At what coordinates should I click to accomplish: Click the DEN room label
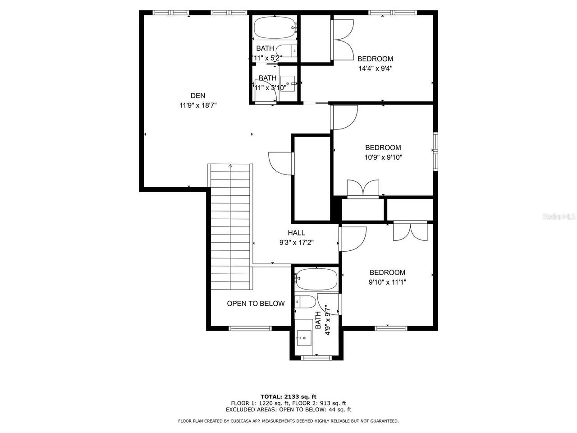[x=197, y=95]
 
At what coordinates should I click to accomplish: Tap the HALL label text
[x=296, y=233]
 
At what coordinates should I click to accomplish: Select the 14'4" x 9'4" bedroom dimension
[x=375, y=69]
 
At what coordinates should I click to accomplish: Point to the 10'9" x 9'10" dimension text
[x=383, y=157]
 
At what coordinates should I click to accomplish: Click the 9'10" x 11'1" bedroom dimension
[x=387, y=282]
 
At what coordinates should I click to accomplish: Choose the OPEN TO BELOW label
[x=256, y=304]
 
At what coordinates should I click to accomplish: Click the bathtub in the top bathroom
[x=274, y=28]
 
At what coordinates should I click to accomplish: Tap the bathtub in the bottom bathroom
[x=317, y=280]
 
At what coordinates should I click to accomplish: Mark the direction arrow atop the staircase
[x=231, y=166]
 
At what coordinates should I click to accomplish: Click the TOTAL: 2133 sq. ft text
[x=288, y=396]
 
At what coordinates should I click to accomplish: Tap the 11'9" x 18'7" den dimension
[x=198, y=105]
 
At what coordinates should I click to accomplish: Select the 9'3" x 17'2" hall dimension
[x=296, y=242]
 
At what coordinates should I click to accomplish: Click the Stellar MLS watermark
[x=559, y=217]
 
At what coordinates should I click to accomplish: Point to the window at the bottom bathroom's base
[x=316, y=358]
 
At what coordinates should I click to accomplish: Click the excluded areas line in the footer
[x=288, y=410]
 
